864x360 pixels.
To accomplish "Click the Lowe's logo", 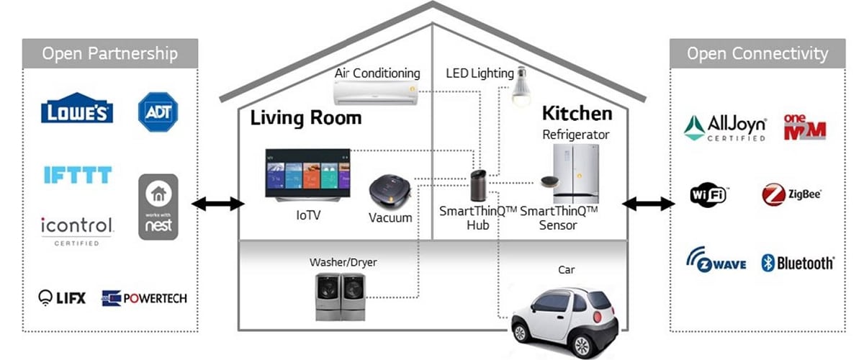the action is pyautogui.click(x=77, y=108).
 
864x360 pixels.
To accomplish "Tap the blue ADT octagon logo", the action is pyautogui.click(x=158, y=112).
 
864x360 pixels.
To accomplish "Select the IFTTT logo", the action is pyautogui.click(x=78, y=175).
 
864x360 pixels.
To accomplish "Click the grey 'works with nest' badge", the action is pyautogui.click(x=158, y=207).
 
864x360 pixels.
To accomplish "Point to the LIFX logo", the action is pyautogui.click(x=62, y=298).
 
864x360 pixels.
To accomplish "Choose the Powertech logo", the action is pyautogui.click(x=144, y=298).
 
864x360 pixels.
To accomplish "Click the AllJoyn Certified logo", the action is pyautogui.click(x=725, y=128).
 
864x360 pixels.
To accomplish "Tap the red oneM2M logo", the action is pyautogui.click(x=805, y=127).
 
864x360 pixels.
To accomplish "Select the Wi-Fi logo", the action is pyautogui.click(x=708, y=195).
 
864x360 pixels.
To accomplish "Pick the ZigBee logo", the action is pyautogui.click(x=792, y=194).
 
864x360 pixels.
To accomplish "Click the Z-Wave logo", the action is pyautogui.click(x=716, y=260).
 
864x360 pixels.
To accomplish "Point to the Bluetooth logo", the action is pyautogui.click(x=798, y=263).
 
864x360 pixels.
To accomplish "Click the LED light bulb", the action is pyautogui.click(x=521, y=87).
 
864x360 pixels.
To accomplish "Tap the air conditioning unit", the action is pyautogui.click(x=376, y=93).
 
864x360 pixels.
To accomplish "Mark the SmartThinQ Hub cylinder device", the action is pyautogui.click(x=479, y=186).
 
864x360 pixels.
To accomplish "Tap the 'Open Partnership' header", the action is pyautogui.click(x=110, y=53).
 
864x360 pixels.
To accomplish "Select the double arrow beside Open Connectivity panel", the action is pyautogui.click(x=649, y=204).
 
